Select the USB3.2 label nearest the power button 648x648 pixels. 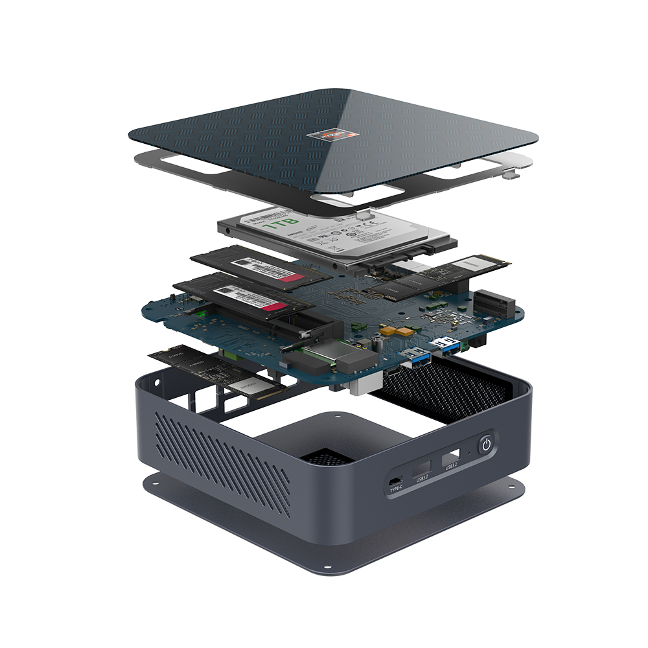pyautogui.click(x=450, y=465)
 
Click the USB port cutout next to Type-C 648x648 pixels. pyautogui.click(x=422, y=469)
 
